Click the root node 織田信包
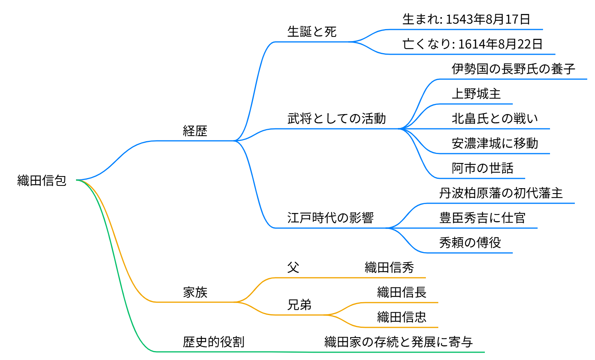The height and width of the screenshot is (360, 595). click(42, 180)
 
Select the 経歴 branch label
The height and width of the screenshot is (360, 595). click(195, 131)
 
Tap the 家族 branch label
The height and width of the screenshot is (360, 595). click(195, 292)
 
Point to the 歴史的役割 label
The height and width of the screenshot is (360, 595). click(214, 342)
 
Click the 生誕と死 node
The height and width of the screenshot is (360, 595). click(312, 31)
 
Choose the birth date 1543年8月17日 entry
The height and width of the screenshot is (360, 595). click(466, 19)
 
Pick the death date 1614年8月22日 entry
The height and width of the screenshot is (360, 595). click(472, 44)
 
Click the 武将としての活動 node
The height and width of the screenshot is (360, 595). click(337, 118)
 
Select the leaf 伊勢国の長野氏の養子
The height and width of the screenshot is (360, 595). click(513, 69)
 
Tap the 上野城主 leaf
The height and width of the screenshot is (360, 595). click(476, 93)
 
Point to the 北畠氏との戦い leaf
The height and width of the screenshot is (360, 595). click(495, 118)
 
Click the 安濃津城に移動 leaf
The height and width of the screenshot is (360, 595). click(495, 143)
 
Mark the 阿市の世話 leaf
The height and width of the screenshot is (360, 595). click(483, 168)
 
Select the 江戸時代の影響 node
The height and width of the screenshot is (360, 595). click(330, 218)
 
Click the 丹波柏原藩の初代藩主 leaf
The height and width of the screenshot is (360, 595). click(501, 193)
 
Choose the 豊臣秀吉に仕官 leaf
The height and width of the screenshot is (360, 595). click(482, 218)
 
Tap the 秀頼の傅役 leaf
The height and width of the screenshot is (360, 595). click(470, 242)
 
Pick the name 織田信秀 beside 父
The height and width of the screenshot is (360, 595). click(389, 267)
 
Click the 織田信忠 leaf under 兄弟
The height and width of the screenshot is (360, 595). click(402, 317)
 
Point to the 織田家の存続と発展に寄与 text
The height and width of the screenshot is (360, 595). click(398, 342)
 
